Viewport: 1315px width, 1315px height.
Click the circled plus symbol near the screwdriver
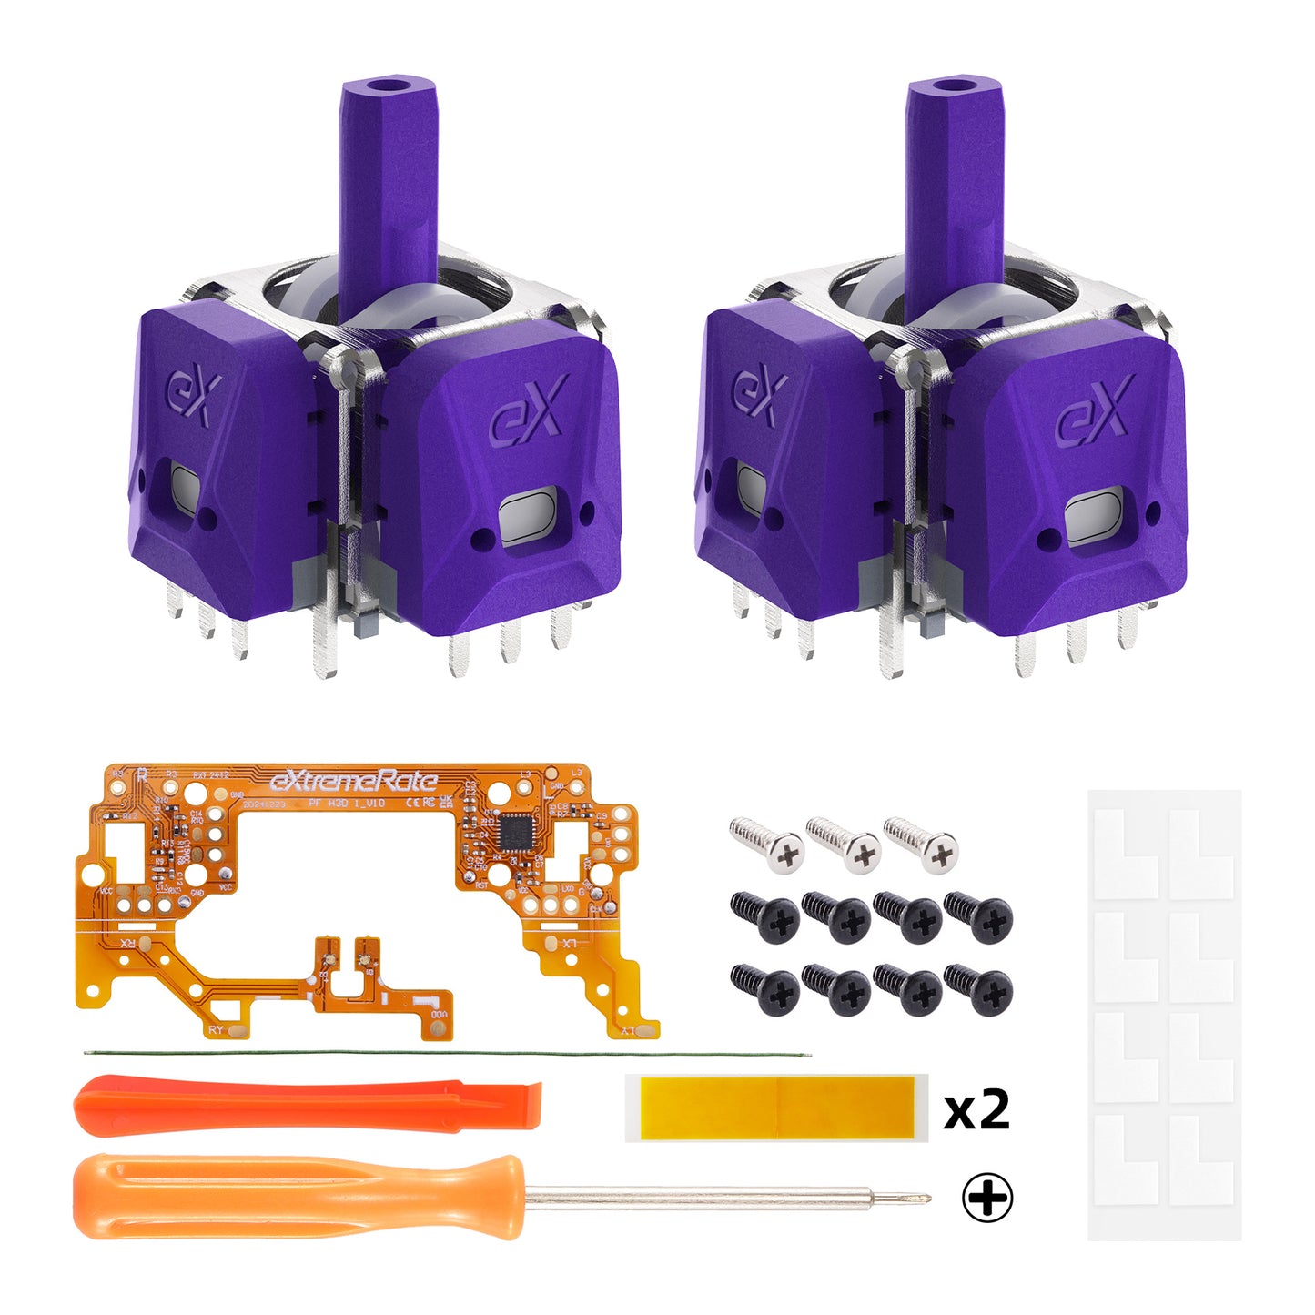(x=987, y=1199)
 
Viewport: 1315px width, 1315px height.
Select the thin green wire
(x=446, y=1054)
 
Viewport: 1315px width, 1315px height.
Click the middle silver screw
(x=845, y=844)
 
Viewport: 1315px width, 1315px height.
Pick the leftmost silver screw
(x=768, y=844)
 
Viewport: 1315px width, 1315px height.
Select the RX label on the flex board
(x=129, y=944)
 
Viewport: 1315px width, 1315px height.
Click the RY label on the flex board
(x=216, y=1029)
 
